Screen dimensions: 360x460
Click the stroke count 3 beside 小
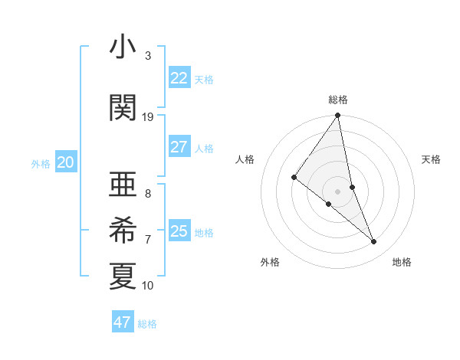[x=148, y=56]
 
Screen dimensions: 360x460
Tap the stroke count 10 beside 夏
[x=148, y=286]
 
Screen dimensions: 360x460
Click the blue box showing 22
[x=179, y=78]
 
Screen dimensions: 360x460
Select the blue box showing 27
[x=179, y=147]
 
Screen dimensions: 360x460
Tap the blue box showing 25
[x=179, y=231]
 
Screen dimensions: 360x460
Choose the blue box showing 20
[x=66, y=162]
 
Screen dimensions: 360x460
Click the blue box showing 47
[x=123, y=322]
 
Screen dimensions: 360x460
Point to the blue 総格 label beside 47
[x=147, y=324]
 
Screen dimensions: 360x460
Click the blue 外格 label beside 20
[x=41, y=164]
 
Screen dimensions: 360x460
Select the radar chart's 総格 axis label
[x=338, y=100]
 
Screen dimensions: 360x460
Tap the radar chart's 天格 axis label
[x=432, y=159]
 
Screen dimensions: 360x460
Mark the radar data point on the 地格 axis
[x=374, y=242]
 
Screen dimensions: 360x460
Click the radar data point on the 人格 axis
[x=294, y=178]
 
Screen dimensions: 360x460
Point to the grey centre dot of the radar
[x=338, y=191]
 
